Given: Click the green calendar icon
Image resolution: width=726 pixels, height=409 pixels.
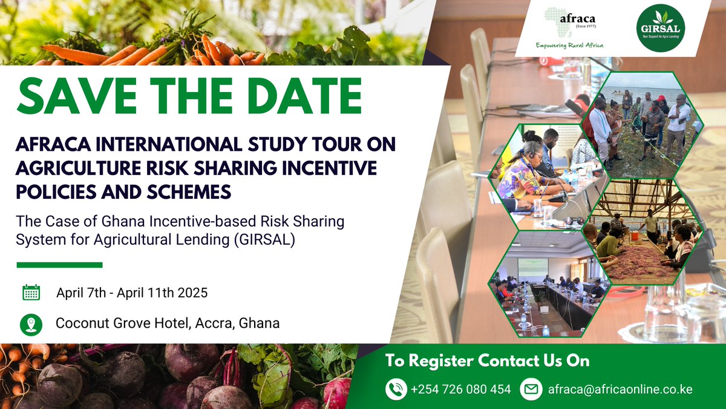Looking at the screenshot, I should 31,293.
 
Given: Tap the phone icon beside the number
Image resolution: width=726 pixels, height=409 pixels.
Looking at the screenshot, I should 396,389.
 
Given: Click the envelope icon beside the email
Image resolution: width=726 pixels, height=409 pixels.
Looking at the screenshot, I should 531,389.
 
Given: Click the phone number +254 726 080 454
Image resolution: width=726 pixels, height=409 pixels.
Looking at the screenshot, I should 460,389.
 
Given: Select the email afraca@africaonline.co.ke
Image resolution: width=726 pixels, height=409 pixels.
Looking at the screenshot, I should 620,389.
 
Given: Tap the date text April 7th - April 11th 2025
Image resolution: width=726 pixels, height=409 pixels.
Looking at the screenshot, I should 132,293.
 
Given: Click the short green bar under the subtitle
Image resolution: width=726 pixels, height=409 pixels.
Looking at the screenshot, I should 59,265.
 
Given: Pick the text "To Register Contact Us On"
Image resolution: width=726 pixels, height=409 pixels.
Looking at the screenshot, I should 487,361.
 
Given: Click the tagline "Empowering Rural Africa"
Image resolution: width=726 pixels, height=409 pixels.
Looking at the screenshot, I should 569,45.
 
